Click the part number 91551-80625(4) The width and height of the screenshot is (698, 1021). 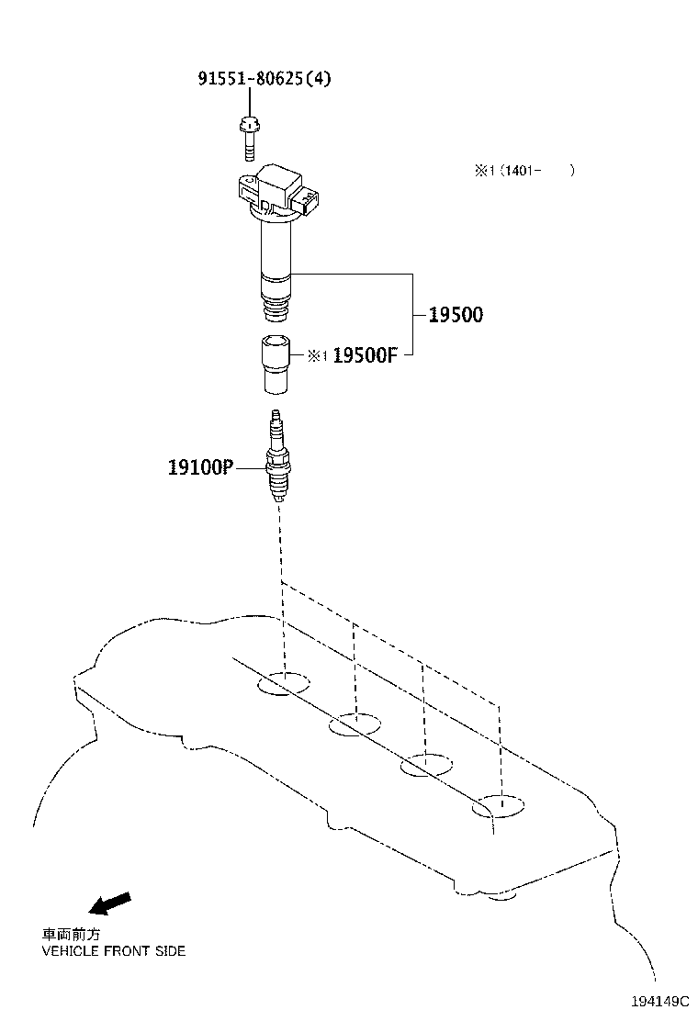264,79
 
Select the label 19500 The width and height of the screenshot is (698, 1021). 456,315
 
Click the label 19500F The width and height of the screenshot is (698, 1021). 364,355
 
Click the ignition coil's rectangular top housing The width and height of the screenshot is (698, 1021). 281,184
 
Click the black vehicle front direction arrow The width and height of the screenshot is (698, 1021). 114,903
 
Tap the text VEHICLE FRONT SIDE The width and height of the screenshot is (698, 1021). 114,951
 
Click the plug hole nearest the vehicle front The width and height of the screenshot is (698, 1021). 285,683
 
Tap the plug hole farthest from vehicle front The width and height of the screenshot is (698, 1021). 499,807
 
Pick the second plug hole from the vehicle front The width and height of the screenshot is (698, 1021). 355,724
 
